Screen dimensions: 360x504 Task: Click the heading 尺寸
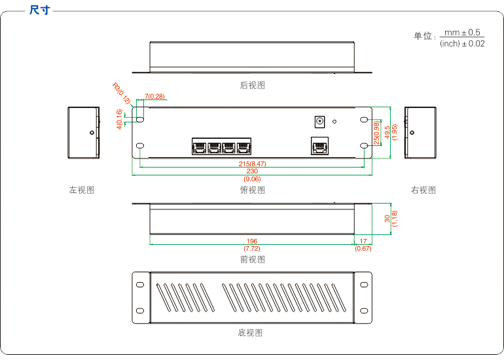39,10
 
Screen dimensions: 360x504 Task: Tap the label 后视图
253,85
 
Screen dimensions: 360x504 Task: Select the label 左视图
82,190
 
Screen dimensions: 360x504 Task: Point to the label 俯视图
253,190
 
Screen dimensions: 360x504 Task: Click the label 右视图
423,190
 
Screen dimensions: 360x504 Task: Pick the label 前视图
253,259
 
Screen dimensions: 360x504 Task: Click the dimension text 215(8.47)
252,163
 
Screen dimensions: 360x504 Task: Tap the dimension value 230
252,171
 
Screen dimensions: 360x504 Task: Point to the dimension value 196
252,241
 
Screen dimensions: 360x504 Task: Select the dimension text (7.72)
252,249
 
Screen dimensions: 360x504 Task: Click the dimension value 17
363,241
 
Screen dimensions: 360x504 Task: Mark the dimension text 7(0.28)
154,97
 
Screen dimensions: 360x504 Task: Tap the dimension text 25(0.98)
377,133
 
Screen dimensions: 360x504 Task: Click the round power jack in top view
320,121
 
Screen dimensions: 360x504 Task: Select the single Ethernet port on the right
320,146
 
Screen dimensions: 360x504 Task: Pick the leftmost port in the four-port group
200,147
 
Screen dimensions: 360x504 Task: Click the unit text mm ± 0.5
462,32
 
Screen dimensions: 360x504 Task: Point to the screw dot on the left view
91,132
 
